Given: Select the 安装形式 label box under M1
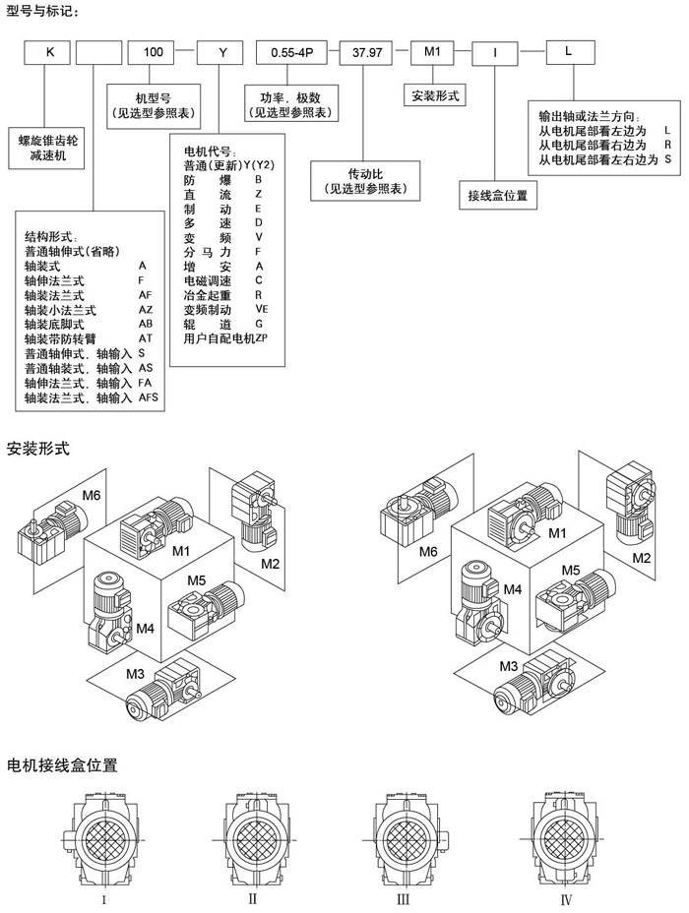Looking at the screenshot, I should (x=433, y=96).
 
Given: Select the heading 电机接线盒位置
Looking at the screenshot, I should (x=63, y=763).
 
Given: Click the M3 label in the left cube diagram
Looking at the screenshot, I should (x=135, y=672).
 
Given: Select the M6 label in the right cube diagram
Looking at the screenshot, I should (x=428, y=552).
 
